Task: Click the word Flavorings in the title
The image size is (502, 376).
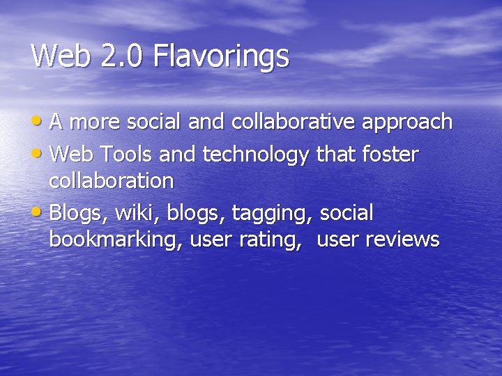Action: (222, 56)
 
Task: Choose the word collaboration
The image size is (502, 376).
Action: (112, 181)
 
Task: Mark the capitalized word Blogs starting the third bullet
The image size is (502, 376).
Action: (76, 212)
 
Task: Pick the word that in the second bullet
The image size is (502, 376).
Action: (335, 153)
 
